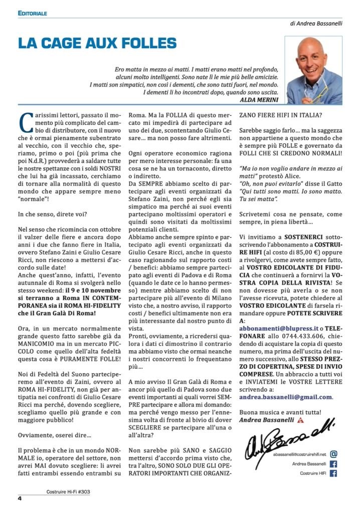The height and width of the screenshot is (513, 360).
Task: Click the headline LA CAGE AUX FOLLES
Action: tap(97, 44)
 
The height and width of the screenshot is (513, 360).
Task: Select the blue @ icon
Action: tap(334, 454)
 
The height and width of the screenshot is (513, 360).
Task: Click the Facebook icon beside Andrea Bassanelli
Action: tap(334, 464)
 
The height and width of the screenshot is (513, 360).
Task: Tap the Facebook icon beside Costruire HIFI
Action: tap(334, 473)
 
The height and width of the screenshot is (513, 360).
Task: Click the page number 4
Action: tap(20, 498)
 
